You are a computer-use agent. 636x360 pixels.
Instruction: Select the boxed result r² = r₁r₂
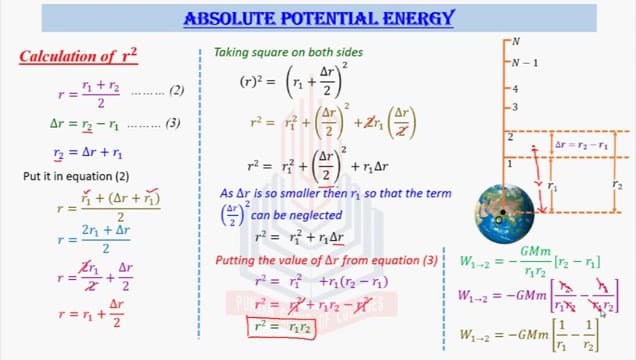(x=278, y=326)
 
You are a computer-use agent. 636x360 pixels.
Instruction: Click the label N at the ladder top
(x=516, y=41)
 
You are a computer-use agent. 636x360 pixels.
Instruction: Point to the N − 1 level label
(x=523, y=63)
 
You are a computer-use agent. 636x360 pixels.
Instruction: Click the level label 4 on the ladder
(x=514, y=89)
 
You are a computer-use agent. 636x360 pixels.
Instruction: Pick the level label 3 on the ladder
(x=514, y=107)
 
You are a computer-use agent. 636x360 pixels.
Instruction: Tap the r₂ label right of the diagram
(x=616, y=187)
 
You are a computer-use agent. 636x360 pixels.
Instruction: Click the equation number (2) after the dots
(x=176, y=92)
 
